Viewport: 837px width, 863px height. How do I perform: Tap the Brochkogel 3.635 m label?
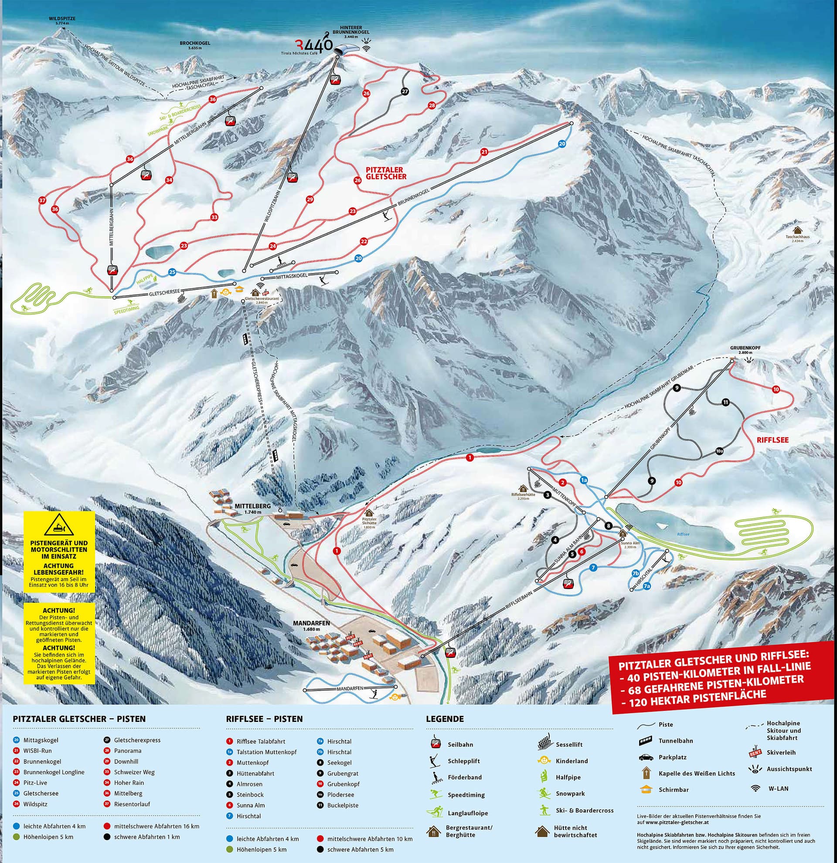pos(195,46)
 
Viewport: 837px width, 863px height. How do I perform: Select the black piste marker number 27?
pos(405,91)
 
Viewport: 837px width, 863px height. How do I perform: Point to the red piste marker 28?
pos(431,105)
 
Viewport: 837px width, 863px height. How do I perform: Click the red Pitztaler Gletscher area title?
pos(386,173)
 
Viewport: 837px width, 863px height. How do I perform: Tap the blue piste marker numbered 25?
pos(172,272)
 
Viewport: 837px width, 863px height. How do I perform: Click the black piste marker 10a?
pos(719,451)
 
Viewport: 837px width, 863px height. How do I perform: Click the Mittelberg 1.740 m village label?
pos(252,508)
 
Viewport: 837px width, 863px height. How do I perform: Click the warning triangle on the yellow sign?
pos(59,525)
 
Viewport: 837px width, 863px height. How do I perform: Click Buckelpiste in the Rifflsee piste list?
pos(342,805)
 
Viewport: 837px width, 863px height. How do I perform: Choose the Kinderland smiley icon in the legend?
pos(544,761)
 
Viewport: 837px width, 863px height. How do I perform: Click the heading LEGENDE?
pos(445,719)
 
